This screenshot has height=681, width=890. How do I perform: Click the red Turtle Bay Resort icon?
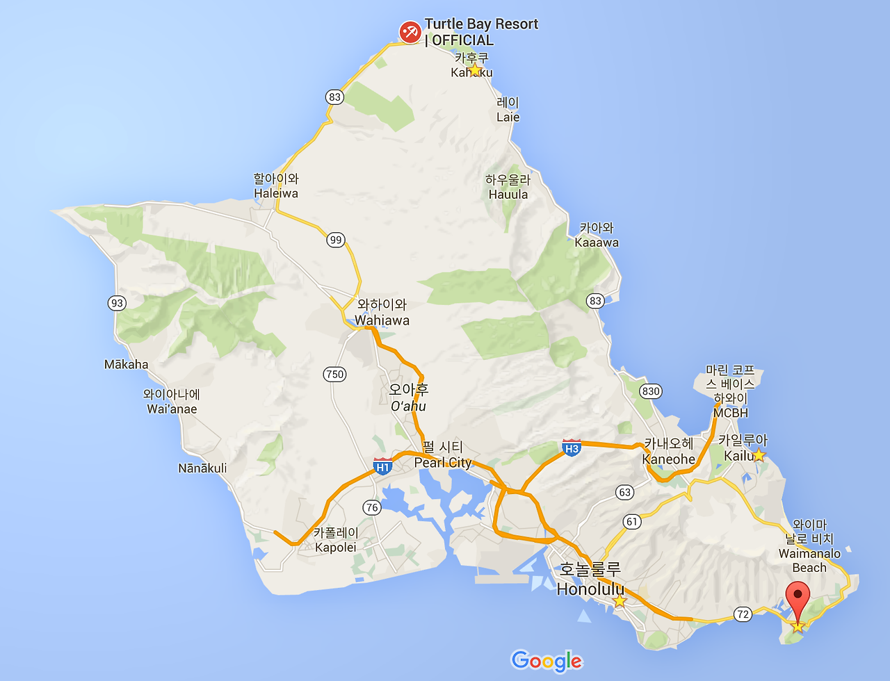coord(410,32)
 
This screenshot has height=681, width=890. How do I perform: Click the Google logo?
coord(547,661)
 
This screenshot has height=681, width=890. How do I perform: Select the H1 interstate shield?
coord(382,466)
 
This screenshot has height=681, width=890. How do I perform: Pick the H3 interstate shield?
coord(572,448)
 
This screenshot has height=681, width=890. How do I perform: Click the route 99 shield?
coord(336,240)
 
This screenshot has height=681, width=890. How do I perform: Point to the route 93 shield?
coord(117,302)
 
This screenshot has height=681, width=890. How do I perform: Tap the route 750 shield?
coord(334,374)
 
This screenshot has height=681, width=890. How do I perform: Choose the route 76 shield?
coord(372,507)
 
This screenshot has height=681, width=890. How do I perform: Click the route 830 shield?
coord(651,391)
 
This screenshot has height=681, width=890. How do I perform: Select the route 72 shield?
coord(743,614)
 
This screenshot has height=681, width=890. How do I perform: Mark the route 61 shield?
coord(631,521)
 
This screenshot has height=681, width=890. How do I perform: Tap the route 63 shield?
coord(625,492)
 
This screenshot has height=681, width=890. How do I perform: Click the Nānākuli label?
coord(202,468)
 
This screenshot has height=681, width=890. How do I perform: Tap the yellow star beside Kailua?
coord(759,455)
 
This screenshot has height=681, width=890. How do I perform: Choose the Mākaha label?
coord(126,364)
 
